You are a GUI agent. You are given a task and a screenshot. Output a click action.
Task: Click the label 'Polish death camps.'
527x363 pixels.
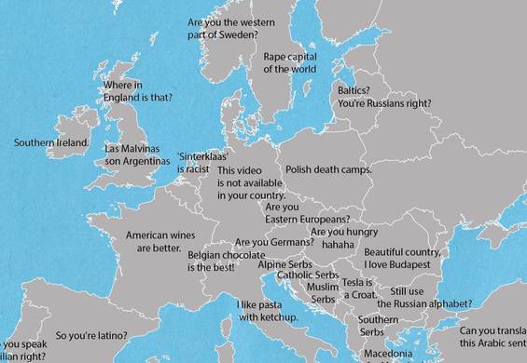328,170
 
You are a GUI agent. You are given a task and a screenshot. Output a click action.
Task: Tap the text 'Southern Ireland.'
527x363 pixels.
51,143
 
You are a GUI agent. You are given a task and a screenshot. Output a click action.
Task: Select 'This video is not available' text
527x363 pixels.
250,183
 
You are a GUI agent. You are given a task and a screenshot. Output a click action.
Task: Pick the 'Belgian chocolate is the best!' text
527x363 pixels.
224,261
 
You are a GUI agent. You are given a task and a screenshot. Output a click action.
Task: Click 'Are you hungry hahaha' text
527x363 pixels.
344,237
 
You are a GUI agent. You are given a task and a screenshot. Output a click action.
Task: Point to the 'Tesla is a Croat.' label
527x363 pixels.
359,289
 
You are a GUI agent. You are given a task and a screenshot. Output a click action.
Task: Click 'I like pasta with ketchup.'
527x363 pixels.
267,311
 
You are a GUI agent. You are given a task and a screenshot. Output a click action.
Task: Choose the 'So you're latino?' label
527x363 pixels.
91,335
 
